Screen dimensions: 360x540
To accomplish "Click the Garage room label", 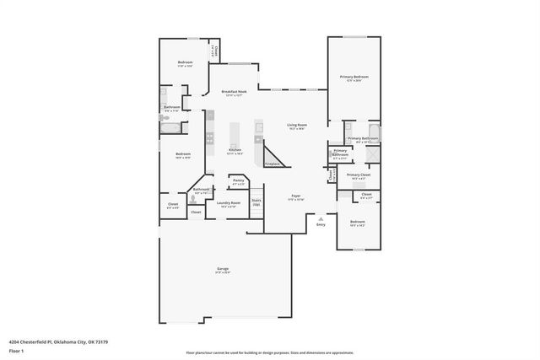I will tap(223, 271).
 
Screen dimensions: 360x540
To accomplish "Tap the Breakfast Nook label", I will tap(234, 93).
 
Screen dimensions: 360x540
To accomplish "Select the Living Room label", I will tap(296, 126).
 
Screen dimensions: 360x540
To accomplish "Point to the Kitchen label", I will tap(235, 152).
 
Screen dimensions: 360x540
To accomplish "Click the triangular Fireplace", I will tap(274, 158).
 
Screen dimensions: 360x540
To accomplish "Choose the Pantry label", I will tap(238, 181).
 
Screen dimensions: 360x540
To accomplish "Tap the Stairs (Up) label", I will tap(256, 202).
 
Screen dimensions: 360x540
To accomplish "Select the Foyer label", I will tap(296, 196).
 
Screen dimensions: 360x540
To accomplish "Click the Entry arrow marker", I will tap(320, 220).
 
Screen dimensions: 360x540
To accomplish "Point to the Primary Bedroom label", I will tap(354, 78).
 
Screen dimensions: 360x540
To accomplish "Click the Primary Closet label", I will tap(359, 176).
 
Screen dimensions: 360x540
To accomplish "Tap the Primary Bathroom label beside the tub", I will tap(361, 139).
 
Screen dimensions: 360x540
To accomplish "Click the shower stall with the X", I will tap(373, 155).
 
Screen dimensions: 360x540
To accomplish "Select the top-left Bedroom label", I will tap(185, 64).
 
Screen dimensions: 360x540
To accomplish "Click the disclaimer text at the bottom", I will tap(269, 353).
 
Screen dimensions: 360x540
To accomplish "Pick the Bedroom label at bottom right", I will tap(358, 223).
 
